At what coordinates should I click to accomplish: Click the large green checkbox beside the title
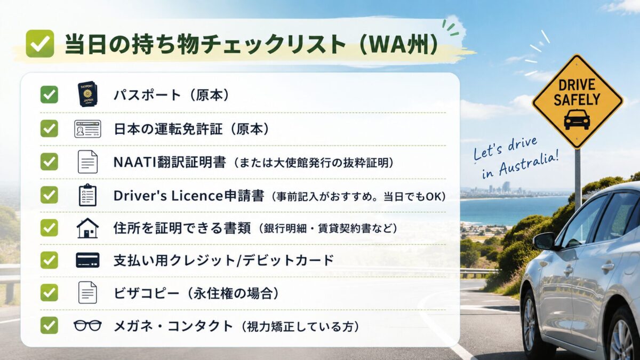tap(39, 44)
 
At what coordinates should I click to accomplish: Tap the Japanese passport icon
tap(87, 94)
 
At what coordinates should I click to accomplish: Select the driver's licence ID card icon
tap(87, 129)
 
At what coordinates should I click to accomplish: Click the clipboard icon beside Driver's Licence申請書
tap(87, 195)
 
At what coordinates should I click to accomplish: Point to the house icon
tap(87, 228)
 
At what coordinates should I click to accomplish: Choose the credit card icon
tap(87, 260)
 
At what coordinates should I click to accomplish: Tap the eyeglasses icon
tap(87, 325)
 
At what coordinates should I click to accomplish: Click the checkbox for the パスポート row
tap(49, 94)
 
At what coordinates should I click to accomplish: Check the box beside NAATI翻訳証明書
tap(49, 162)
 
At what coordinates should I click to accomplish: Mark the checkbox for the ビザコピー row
tap(49, 293)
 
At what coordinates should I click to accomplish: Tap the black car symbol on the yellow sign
tap(577, 119)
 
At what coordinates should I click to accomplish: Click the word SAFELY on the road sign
tap(577, 99)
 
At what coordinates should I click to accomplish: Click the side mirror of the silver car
tap(545, 242)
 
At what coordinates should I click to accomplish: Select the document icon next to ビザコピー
tap(87, 293)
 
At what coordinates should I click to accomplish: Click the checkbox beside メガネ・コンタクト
tap(49, 325)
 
